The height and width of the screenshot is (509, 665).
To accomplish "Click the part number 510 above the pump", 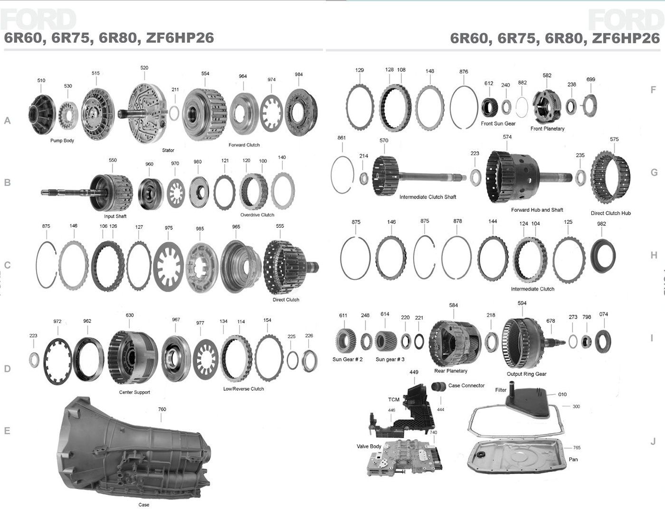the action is (x=41, y=80).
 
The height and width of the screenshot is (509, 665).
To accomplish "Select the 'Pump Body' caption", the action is (x=62, y=140).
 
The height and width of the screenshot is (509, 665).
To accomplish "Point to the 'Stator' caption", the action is (x=168, y=150).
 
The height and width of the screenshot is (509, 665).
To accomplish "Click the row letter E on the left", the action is (x=7, y=431).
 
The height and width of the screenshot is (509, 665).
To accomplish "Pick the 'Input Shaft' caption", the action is (x=115, y=216).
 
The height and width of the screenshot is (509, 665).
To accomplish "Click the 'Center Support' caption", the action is (x=134, y=392).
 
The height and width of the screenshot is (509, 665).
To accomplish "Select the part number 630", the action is (x=130, y=315).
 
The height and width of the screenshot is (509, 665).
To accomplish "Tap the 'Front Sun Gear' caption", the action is (x=498, y=123).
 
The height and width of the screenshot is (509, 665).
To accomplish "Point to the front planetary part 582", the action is (x=548, y=106).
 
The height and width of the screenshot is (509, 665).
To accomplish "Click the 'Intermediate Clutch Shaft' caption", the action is (x=427, y=197).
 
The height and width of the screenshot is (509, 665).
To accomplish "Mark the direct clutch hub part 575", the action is (x=610, y=178).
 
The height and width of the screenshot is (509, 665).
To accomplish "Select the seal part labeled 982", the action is (x=603, y=256).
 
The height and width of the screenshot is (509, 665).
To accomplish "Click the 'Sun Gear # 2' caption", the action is (x=347, y=359).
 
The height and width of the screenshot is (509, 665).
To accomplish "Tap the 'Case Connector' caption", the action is (x=466, y=386).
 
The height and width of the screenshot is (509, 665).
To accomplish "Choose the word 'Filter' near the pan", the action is (x=501, y=390).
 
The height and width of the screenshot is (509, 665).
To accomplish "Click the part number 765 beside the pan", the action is (x=577, y=448).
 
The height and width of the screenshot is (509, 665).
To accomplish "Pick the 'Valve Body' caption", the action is (x=369, y=446).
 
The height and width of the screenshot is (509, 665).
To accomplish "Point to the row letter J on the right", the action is (x=653, y=442).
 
